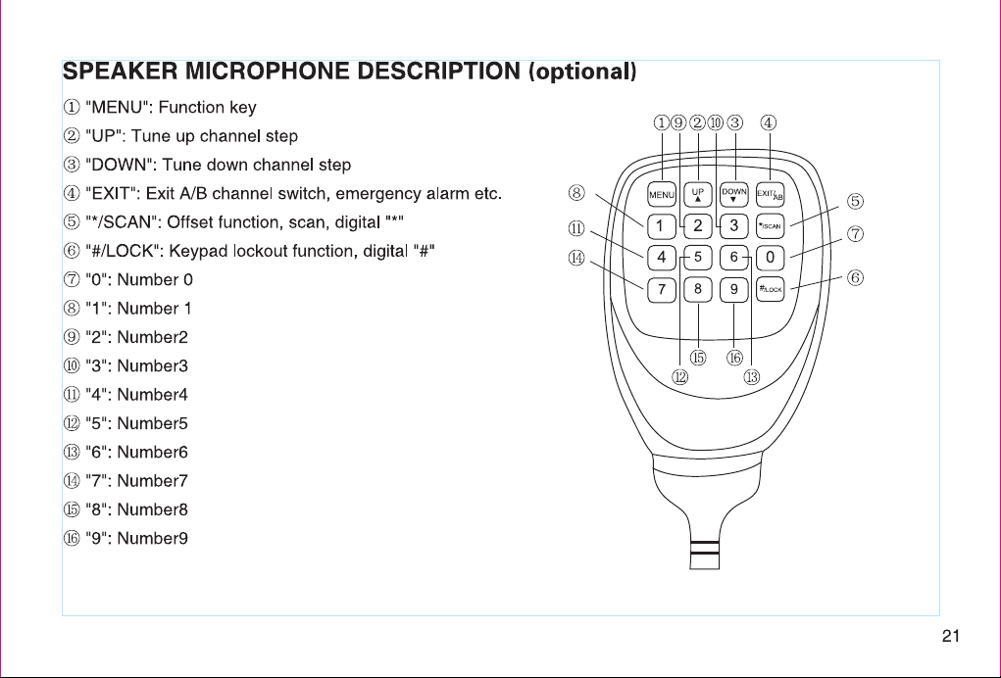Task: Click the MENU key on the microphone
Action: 662,195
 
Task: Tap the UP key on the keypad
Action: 698,195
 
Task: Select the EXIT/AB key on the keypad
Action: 770,195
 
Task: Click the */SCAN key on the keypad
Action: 770,225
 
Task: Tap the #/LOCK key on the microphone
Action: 770,289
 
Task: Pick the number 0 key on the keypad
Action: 770,257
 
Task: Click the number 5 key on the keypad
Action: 698,257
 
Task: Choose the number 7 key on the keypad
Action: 662,289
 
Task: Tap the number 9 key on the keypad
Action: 734,289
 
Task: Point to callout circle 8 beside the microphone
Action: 576,193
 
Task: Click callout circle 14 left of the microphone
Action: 576,258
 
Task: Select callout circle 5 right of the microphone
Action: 856,202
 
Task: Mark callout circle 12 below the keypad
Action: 680,377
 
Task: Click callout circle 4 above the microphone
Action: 769,122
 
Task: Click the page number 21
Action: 951,636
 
